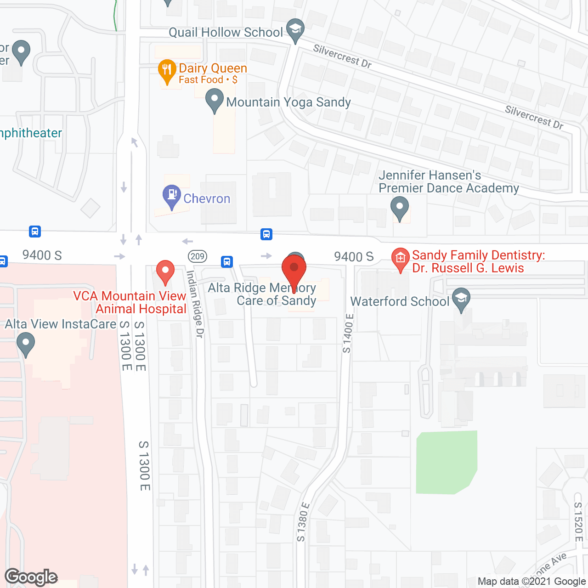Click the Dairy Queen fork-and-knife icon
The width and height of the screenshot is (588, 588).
(x=167, y=70)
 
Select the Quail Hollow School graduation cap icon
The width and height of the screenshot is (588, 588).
(x=295, y=29)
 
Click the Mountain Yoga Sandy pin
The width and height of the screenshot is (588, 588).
(x=214, y=100)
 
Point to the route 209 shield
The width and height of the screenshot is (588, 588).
(x=198, y=256)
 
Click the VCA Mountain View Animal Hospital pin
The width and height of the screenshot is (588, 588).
(x=165, y=271)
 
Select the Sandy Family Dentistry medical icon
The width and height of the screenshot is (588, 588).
(x=400, y=259)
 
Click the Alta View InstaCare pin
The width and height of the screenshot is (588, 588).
(x=26, y=343)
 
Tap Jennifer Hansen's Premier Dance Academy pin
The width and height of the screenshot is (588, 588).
(x=400, y=207)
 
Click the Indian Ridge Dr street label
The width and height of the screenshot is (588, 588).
(x=195, y=304)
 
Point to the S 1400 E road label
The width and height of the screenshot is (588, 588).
(x=348, y=334)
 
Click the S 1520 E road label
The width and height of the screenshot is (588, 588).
(x=578, y=522)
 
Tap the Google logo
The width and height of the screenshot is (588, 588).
(x=31, y=577)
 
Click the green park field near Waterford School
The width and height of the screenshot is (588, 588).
(x=446, y=461)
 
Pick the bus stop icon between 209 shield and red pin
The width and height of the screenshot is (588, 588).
(x=227, y=261)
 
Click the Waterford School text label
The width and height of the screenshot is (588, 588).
(x=400, y=301)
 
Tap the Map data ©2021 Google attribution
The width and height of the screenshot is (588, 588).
(x=532, y=582)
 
